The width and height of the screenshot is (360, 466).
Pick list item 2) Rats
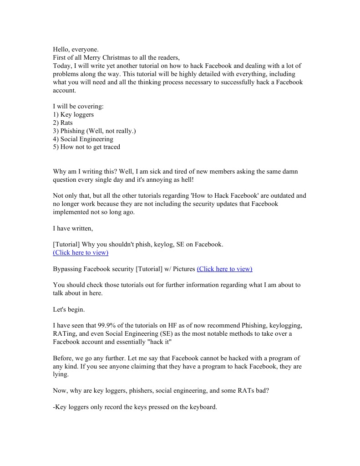click(63, 123)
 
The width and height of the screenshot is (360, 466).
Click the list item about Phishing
click(94, 131)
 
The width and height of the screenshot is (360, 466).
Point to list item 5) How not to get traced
click(86, 147)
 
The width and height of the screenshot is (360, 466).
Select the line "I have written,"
click(73, 228)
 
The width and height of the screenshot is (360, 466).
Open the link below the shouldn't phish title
click(81, 252)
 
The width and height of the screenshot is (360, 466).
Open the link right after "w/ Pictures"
click(224, 269)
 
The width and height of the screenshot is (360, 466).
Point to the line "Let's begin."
click(69, 309)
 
